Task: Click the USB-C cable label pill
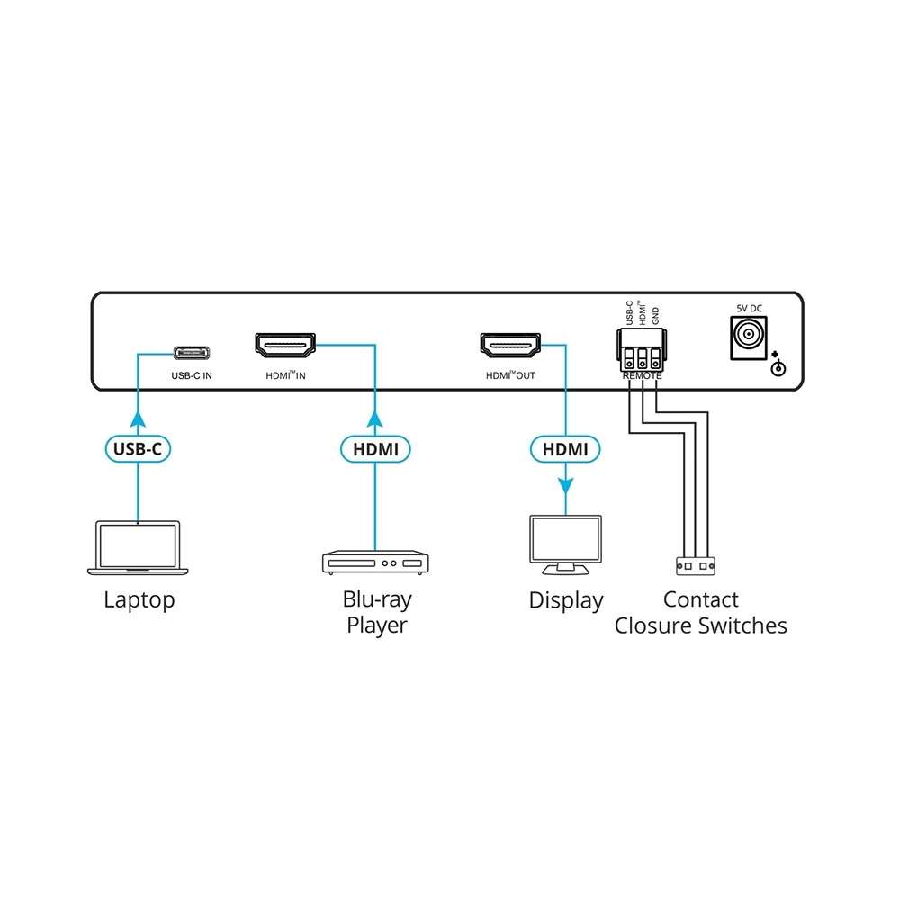point(138,447)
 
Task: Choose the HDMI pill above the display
point(565,447)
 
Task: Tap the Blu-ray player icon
point(375,562)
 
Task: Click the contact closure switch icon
point(695,566)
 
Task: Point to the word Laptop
point(139,599)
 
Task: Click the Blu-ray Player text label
point(376,612)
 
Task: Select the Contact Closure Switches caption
point(700,612)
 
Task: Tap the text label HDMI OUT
point(509,375)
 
